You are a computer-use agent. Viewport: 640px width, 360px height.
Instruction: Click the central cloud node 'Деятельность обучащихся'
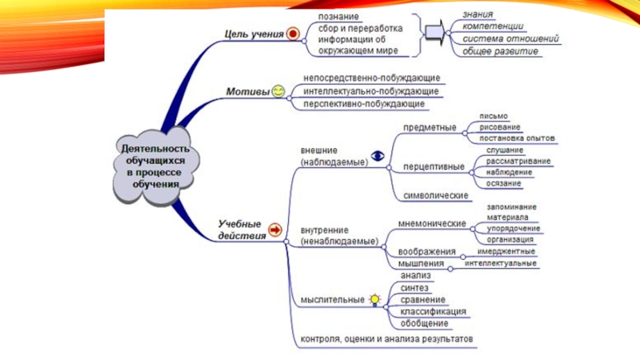click(155, 166)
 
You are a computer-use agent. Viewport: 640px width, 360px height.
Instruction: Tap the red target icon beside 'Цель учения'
click(293, 34)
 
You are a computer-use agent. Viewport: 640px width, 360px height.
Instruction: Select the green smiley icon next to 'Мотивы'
click(277, 91)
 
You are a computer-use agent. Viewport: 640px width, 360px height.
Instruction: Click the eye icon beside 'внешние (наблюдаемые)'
click(378, 156)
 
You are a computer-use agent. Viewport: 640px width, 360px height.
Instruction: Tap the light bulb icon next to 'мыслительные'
click(374, 299)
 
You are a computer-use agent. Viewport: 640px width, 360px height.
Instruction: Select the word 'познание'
click(338, 16)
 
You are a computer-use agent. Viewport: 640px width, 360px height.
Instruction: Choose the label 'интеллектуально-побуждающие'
click(360, 91)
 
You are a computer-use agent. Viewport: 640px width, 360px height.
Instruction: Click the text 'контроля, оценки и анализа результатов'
click(387, 339)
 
